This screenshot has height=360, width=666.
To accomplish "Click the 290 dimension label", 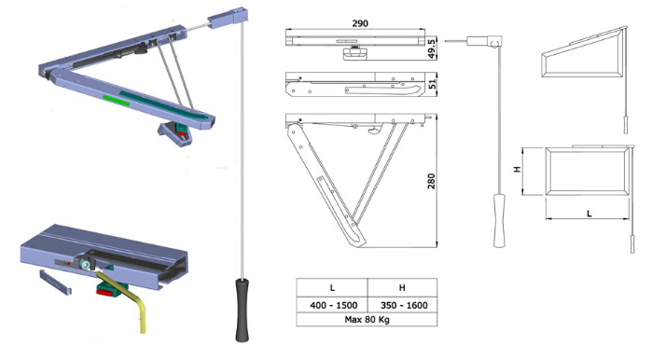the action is [x=360, y=23].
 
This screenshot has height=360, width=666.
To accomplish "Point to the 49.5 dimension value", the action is [x=432, y=48].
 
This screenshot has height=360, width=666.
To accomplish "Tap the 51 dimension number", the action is [x=432, y=84].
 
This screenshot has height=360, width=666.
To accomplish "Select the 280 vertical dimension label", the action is [x=431, y=181].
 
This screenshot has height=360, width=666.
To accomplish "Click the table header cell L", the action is [x=332, y=287].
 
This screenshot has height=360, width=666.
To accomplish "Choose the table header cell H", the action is [x=402, y=287].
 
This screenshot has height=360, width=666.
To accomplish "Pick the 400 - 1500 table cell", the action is [x=333, y=305].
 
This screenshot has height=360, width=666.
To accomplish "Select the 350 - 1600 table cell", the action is [x=404, y=305].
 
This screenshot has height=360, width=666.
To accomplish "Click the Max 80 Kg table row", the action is [x=367, y=320].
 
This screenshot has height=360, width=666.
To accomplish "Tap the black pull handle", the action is [x=243, y=310].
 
